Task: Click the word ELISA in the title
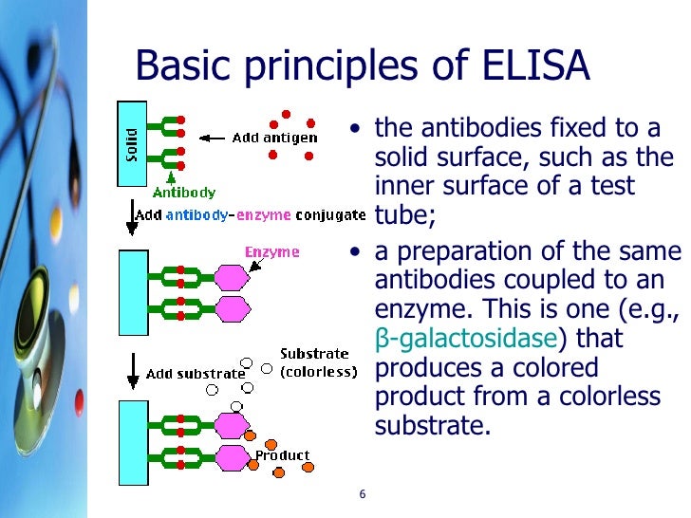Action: tap(537, 67)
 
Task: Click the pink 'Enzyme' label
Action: tap(272, 252)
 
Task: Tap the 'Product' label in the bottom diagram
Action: tap(282, 455)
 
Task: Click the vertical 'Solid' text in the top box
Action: tap(131, 144)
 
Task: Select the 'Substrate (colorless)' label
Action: tap(318, 362)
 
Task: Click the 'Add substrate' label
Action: tap(196, 374)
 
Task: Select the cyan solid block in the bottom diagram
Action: tap(132, 442)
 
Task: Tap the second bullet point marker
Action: tap(355, 253)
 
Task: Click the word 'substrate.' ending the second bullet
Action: tap(434, 424)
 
